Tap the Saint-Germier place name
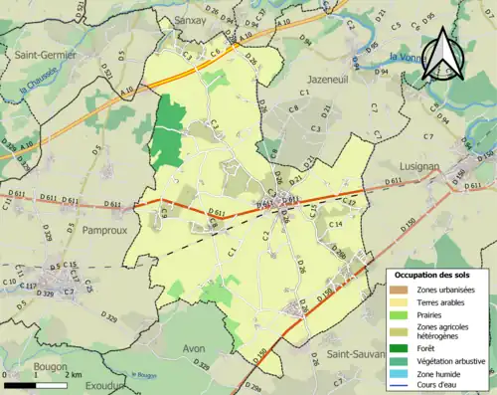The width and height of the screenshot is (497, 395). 44,55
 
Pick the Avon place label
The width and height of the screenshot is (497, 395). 197,348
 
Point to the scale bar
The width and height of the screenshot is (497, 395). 35,384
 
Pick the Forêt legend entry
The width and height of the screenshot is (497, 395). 428,347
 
